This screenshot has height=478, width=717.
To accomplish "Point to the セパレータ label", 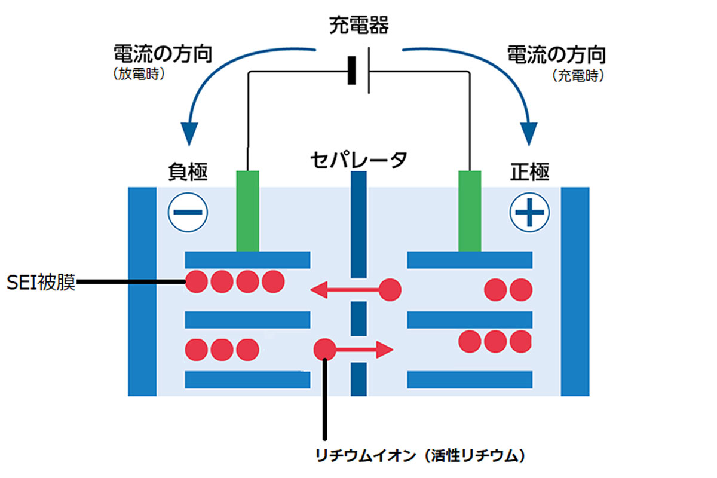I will pyautogui.click(x=358, y=160).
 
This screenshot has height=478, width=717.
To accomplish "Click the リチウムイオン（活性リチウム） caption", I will pyautogui.click(x=421, y=456).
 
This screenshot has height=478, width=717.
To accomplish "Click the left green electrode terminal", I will pyautogui.click(x=247, y=210).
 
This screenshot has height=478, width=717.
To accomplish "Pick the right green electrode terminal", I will pyautogui.click(x=470, y=210).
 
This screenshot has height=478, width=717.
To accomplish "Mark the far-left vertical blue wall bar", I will pyautogui.click(x=142, y=291).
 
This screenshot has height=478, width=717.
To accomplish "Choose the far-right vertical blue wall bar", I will pyautogui.click(x=575, y=291).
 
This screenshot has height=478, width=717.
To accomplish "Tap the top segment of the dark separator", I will pyautogui.click(x=358, y=224).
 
